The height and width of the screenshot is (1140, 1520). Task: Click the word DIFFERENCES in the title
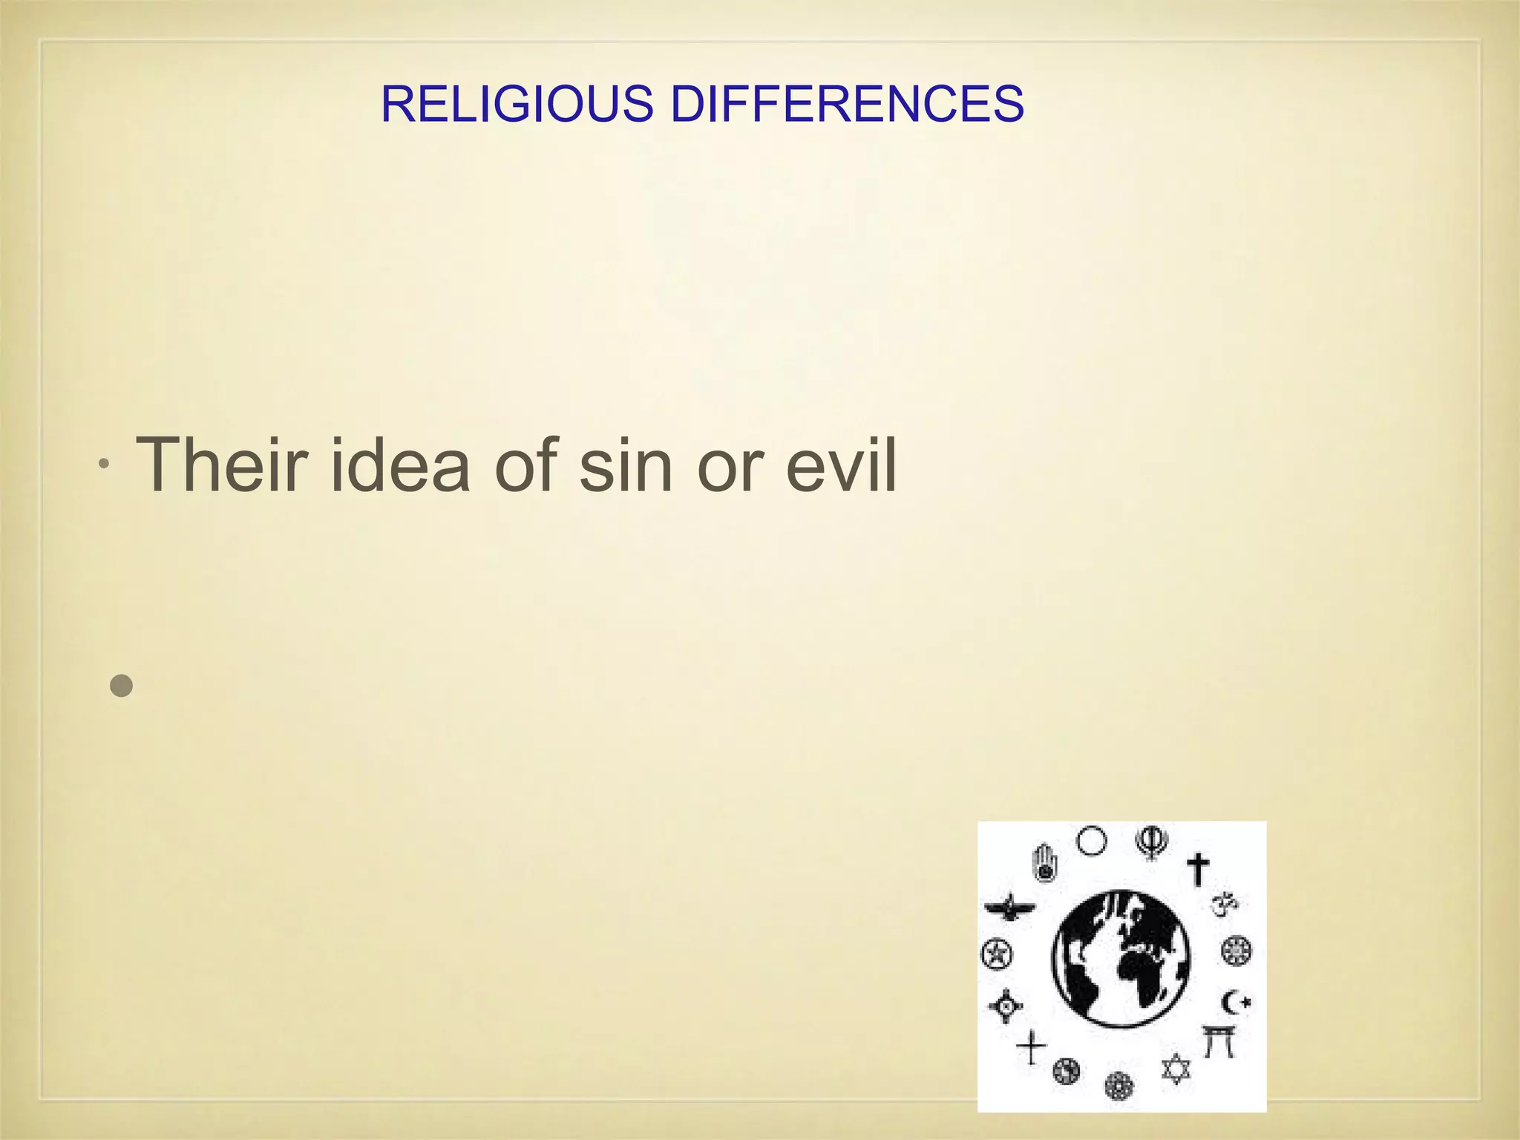coord(848,104)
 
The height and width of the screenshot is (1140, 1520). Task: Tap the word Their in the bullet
coord(221,465)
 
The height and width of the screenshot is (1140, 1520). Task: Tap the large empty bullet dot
coord(121,685)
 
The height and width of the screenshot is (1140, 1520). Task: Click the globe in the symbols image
coord(1121,958)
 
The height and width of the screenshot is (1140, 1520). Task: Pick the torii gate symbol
coord(1219,1041)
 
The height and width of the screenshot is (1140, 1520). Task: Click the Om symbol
coord(1225,903)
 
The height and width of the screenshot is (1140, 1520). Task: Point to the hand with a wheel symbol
coord(1044,862)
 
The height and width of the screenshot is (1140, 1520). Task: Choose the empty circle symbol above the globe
coord(1091,842)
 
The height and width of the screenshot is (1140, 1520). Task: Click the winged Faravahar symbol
coord(1008,906)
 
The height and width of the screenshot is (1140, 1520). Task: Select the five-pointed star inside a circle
coord(996,954)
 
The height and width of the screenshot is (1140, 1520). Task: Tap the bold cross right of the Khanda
coord(1198,868)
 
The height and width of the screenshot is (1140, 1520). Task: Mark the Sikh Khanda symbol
coord(1152,843)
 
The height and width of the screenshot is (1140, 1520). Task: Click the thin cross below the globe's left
coord(1031,1047)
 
